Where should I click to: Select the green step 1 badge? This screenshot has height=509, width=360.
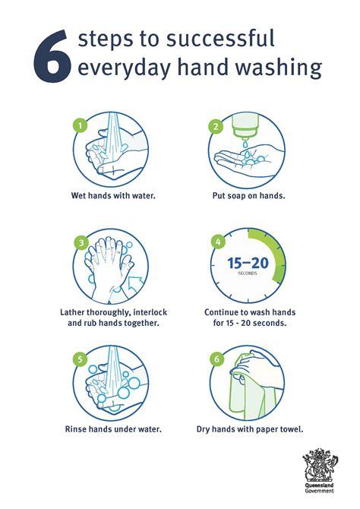(x=77, y=124)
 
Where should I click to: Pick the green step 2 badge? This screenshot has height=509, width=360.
(x=216, y=126)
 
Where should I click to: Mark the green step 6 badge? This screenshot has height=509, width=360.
(x=217, y=357)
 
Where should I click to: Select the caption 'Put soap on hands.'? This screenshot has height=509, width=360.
(x=248, y=195)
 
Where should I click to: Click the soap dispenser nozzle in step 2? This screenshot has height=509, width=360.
(x=248, y=140)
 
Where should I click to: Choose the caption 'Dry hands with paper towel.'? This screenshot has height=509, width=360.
(x=249, y=429)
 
